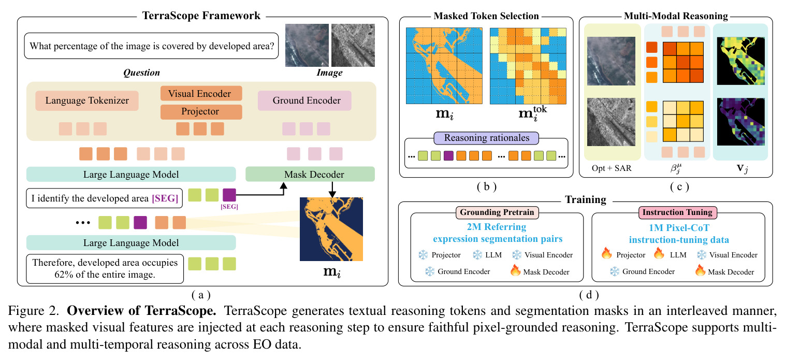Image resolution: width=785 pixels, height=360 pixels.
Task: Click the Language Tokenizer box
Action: [87, 100]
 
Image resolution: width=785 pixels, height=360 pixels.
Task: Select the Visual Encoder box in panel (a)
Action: [201, 94]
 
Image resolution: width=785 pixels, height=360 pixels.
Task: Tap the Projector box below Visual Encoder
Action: [201, 111]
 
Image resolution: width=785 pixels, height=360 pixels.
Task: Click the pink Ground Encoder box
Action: [304, 100]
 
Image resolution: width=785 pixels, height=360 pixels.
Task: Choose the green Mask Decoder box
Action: [310, 174]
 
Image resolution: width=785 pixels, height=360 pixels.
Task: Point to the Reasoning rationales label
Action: [486, 138]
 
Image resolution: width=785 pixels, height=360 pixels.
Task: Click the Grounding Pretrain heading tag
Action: [497, 212]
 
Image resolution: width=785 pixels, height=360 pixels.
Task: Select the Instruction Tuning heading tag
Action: [677, 212]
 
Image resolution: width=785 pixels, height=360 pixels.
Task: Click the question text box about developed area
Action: [151, 46]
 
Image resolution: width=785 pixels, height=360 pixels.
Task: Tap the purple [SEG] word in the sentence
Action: [165, 198]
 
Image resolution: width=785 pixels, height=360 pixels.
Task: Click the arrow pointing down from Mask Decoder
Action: [332, 189]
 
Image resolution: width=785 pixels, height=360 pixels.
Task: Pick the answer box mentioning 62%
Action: [105, 268]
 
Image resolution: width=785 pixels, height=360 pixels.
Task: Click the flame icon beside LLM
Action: [659, 253]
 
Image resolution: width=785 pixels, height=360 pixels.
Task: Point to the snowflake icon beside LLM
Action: [477, 255]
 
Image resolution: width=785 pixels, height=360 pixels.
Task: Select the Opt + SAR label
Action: [612, 168]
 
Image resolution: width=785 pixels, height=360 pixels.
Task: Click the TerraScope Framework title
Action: [201, 16]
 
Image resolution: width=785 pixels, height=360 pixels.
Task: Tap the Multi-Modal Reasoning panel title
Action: [676, 16]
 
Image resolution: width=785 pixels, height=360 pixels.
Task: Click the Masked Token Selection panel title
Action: [486, 16]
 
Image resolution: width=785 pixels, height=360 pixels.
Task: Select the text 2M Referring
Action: [497, 227]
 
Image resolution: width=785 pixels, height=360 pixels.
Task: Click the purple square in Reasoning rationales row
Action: [448, 155]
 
